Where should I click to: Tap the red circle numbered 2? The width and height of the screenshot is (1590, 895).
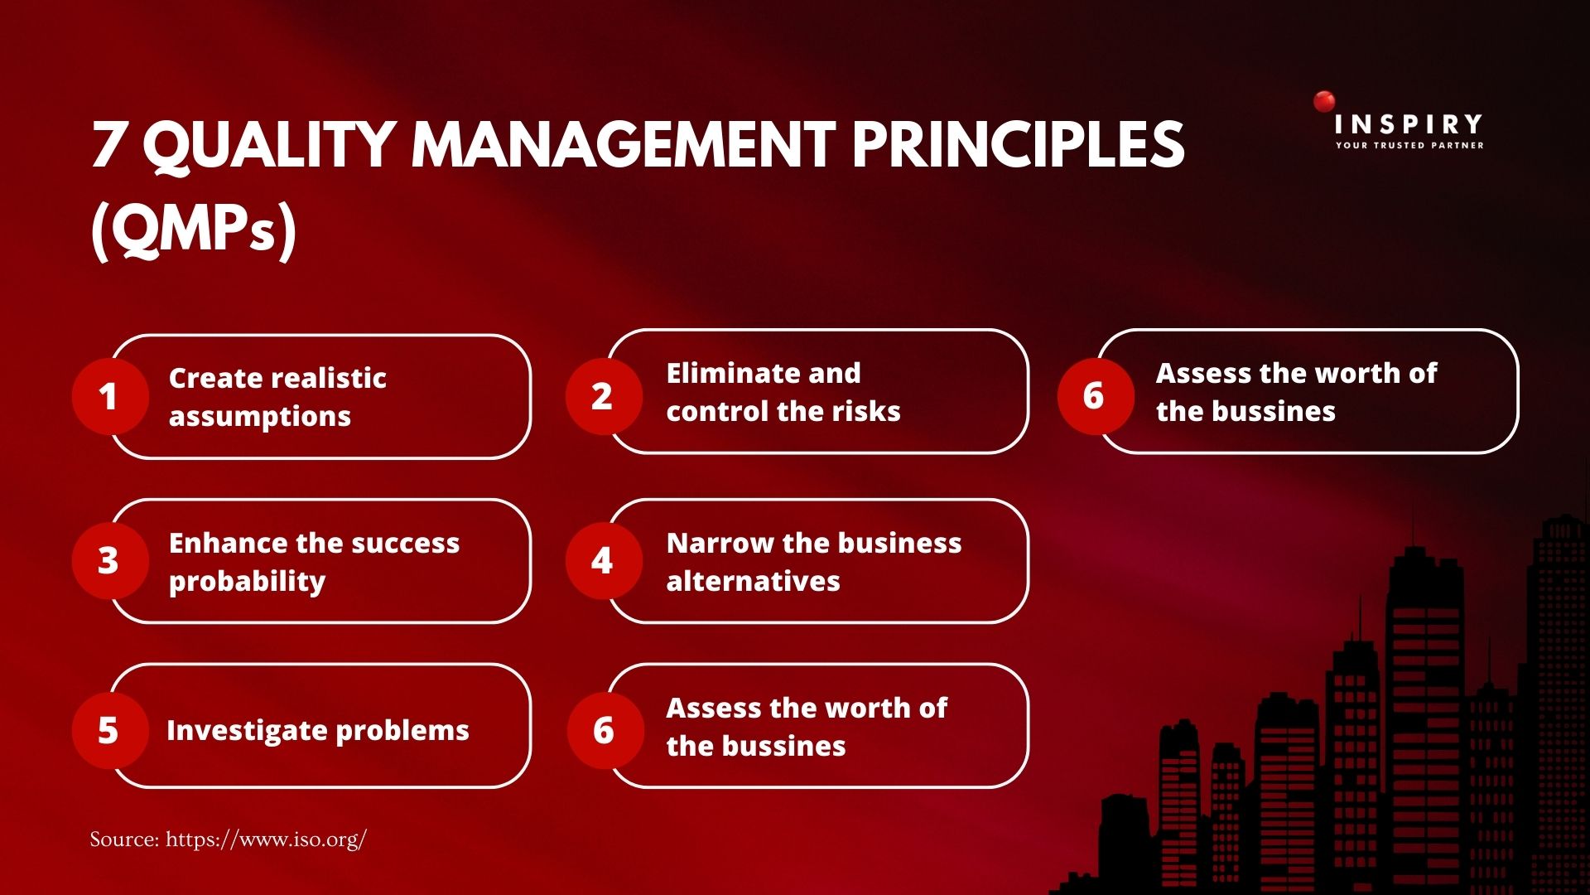(604, 396)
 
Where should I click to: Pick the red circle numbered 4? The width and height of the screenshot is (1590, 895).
(604, 561)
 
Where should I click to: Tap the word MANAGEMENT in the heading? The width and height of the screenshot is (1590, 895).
(624, 144)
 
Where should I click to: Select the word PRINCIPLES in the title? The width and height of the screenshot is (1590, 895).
(1019, 144)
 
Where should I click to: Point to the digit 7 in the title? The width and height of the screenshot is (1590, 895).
(108, 146)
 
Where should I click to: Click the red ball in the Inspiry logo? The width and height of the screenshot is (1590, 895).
(1324, 102)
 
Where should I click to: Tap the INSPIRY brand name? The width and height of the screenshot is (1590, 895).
(1409, 124)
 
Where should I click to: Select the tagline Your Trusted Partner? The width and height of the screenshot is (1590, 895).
(1409, 146)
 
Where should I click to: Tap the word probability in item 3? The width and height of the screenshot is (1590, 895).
(247, 583)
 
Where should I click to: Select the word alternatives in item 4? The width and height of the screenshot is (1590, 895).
(753, 581)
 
